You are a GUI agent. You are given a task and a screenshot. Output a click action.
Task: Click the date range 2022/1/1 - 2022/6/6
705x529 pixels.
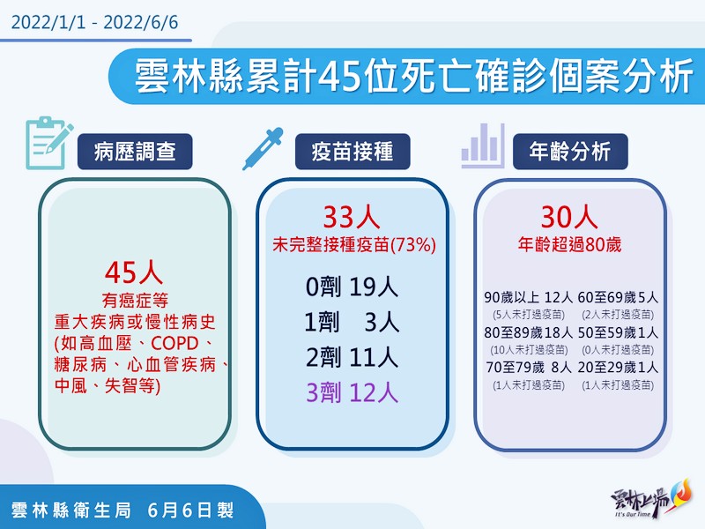94,23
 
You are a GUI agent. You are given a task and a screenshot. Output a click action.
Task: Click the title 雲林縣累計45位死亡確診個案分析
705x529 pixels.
414,76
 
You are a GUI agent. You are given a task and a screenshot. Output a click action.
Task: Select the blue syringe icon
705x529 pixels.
263,149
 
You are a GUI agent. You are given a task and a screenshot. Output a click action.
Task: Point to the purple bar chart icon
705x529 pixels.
483,145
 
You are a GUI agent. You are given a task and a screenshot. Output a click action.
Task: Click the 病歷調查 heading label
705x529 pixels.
135,152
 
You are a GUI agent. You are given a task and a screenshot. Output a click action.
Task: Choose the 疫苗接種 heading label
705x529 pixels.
352,152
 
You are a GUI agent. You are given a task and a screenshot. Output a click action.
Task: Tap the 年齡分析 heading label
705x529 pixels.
570,152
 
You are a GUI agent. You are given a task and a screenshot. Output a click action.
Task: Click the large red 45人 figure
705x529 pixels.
134,272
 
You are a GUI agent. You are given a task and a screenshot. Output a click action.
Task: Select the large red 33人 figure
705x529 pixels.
352,217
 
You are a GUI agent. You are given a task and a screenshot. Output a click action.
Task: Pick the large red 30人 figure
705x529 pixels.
569,217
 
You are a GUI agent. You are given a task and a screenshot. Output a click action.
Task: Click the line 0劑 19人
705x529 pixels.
352,287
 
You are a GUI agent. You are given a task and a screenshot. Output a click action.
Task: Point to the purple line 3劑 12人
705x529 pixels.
352,392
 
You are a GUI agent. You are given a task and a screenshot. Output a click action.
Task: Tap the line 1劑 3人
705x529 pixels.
352,322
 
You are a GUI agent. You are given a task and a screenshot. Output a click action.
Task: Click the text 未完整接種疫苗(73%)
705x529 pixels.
354,245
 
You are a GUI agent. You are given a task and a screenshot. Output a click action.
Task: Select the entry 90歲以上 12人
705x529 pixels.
528,297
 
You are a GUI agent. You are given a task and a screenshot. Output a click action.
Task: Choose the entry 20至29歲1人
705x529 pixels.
618,368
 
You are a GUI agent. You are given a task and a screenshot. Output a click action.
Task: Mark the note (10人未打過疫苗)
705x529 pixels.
528,349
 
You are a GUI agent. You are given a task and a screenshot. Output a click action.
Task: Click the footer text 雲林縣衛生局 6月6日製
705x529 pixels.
122,510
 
